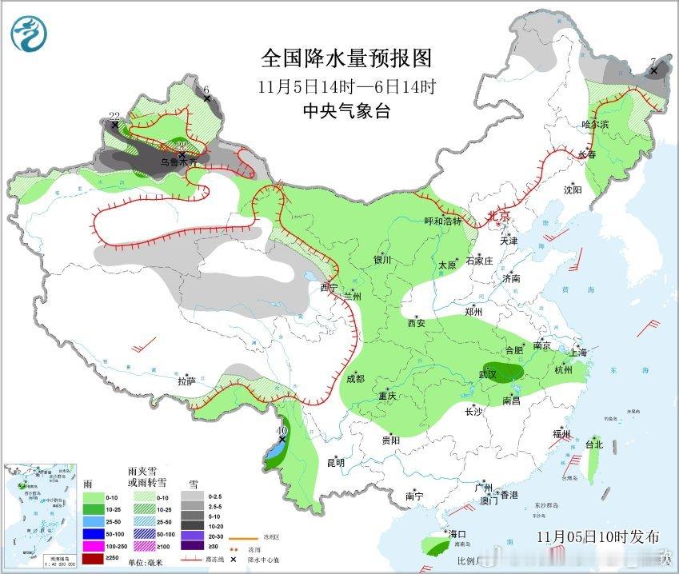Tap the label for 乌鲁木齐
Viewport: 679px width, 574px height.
tap(178, 162)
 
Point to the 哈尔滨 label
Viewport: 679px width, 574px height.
tap(595, 125)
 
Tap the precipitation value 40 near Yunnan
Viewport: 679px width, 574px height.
tap(281, 431)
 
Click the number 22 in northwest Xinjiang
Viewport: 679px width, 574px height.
tap(114, 116)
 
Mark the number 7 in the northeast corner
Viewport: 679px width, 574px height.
tap(653, 62)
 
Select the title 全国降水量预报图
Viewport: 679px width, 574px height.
tap(346, 58)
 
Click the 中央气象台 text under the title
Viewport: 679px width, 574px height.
tap(346, 112)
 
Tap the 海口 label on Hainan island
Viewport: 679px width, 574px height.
tap(457, 533)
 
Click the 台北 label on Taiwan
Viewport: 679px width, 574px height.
tap(593, 444)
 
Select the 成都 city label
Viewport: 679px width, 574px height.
tap(355, 379)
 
